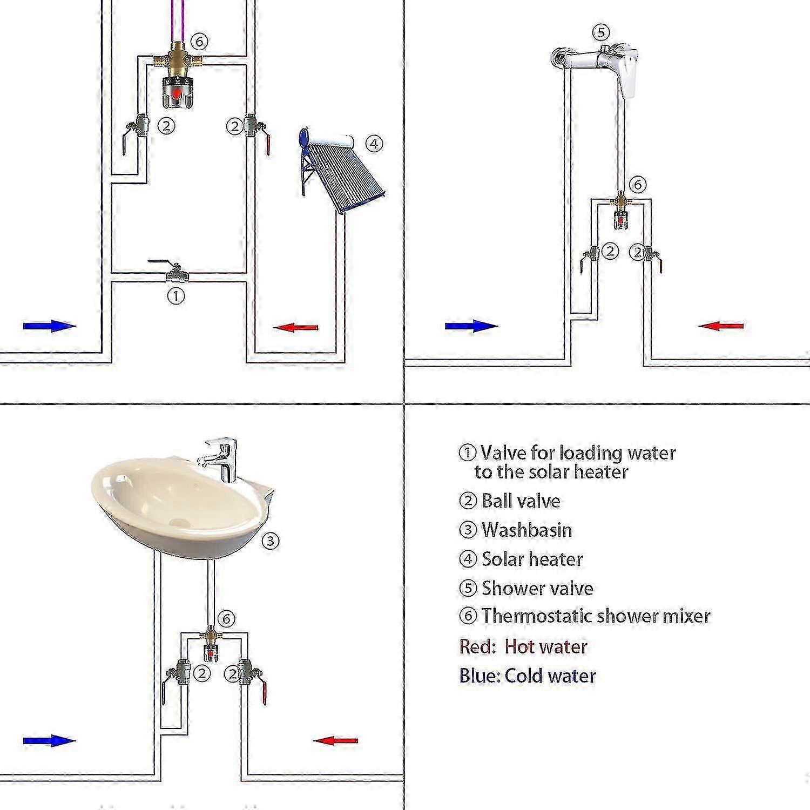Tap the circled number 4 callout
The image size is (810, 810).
coord(374,144)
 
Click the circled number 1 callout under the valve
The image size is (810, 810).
coord(175,295)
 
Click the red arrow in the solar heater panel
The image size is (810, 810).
coord(295,327)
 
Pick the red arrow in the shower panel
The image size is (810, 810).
coord(721,326)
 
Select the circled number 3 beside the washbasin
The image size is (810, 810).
coord(270,541)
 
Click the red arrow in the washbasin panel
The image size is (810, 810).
coord(335,740)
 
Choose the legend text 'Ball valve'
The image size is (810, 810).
coord(521,501)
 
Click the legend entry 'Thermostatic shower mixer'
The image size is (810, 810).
coord(596,616)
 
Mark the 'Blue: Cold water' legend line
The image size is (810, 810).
coord(527,676)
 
